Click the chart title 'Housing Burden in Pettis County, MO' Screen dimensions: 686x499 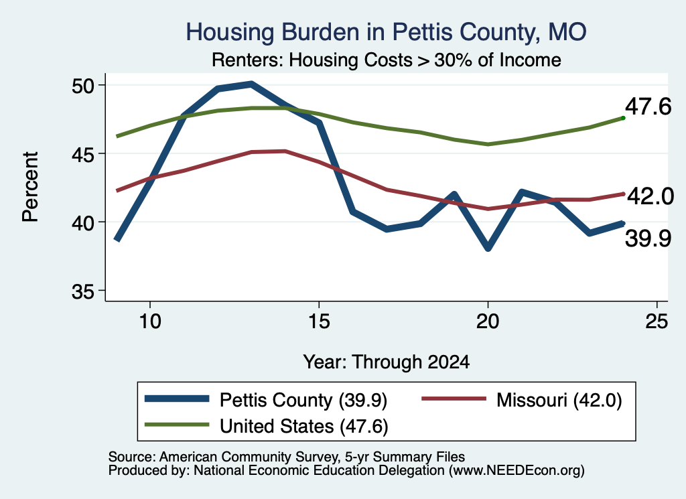tap(386, 32)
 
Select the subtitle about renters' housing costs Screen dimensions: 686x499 tap(387, 60)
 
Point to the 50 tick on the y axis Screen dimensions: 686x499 tap(83, 85)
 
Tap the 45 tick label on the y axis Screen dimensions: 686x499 tap(83, 154)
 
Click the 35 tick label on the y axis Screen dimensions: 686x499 tap(83, 291)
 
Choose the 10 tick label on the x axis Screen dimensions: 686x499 tap(150, 322)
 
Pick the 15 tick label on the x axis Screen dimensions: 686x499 tap(319, 322)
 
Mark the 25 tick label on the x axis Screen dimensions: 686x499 tap(657, 322)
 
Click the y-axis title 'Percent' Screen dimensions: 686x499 tap(30, 187)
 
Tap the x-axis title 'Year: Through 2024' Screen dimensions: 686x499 tap(387, 362)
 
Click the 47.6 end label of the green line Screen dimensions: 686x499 tap(648, 106)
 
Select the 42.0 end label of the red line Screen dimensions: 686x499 tap(650, 196)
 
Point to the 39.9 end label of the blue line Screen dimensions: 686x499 tap(648, 239)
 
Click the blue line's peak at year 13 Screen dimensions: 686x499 tap(251, 84)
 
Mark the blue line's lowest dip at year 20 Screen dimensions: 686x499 tap(488, 248)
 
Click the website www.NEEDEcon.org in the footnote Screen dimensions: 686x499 tap(517, 471)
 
